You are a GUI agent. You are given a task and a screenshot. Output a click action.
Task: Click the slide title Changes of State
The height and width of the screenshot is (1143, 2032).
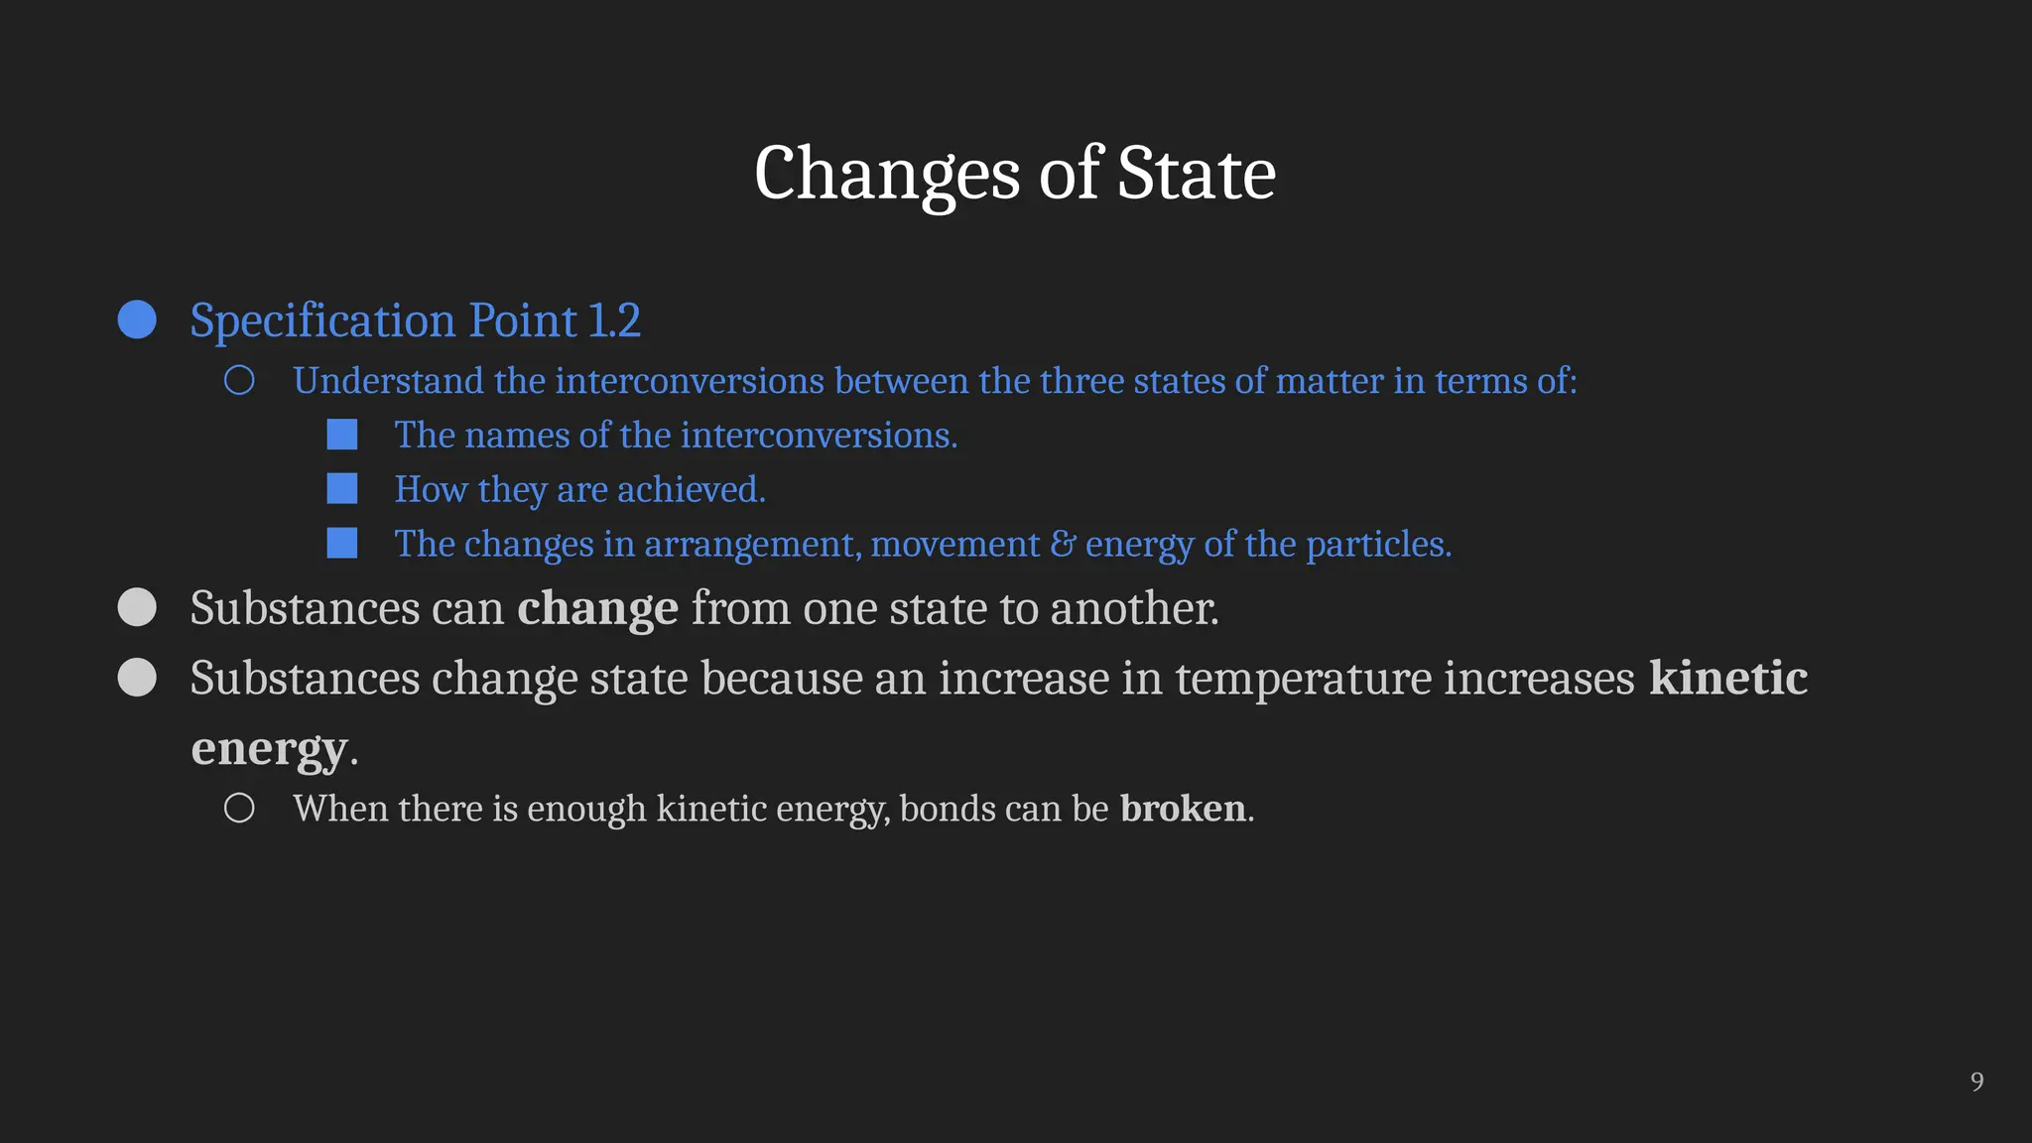pos(1014,173)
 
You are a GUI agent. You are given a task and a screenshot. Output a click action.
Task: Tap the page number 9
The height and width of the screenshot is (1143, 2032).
pos(1976,1081)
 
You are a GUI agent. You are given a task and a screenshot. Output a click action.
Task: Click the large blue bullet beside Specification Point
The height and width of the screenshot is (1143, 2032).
pos(137,319)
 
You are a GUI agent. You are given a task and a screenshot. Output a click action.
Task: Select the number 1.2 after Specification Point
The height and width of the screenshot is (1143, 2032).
pos(614,320)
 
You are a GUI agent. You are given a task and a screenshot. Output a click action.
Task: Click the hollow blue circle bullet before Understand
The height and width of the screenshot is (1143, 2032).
pos(239,381)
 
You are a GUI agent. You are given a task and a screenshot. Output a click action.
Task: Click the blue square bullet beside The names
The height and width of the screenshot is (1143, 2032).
pos(342,435)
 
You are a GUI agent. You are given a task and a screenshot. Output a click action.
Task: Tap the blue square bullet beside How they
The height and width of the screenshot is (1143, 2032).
pos(342,489)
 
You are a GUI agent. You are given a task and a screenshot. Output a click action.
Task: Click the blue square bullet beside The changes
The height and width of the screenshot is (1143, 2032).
pos(342,544)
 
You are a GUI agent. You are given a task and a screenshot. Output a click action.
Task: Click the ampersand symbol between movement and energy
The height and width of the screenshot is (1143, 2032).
pos(1062,544)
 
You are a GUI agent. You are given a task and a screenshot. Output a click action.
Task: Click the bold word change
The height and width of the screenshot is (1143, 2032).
pos(597,608)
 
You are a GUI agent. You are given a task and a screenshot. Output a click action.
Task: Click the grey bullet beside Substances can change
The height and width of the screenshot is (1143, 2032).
pos(137,607)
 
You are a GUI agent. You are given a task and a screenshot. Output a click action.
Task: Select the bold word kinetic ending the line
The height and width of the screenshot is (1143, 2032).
pos(1727,678)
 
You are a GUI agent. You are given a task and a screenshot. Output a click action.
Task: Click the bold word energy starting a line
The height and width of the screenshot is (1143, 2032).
pos(269,749)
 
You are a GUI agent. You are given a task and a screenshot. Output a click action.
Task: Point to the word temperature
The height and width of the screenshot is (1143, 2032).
pos(1304,679)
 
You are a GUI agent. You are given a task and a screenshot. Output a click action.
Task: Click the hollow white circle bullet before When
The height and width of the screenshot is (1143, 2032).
pos(239,808)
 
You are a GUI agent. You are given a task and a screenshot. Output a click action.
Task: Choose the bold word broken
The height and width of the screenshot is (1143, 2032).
pos(1183,809)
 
